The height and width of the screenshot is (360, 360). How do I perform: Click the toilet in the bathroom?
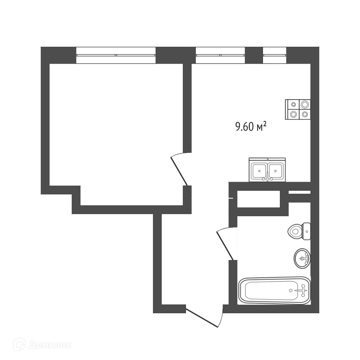(299, 231)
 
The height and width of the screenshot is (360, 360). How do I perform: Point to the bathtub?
(274, 291)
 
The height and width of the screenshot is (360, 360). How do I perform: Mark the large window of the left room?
(116, 55)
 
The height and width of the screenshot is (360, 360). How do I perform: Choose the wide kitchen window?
(220, 55)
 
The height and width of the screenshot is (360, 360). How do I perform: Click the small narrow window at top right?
(275, 55)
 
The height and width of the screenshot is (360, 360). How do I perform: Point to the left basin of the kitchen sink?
(259, 171)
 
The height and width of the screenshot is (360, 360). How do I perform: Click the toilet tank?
(307, 231)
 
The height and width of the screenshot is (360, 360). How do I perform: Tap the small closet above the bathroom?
(258, 199)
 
